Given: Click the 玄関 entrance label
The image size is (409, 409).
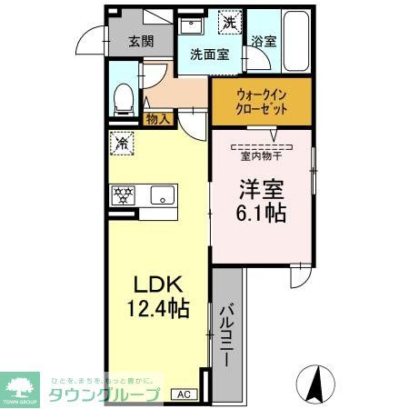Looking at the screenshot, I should point(140,41).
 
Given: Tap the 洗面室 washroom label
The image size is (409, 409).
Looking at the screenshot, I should point(209,55).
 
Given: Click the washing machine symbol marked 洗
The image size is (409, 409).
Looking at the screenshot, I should point(231,21).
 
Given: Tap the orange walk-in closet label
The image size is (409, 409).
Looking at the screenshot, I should point(262,100).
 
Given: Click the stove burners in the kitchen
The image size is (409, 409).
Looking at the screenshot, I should point(124,194).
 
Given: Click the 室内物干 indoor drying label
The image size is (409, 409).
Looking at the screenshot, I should point(262,155).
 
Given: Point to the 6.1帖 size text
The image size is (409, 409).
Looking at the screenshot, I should point(262,214).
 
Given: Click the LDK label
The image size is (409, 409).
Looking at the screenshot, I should point(156,284).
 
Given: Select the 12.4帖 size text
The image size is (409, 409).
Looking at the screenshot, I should point(156,310).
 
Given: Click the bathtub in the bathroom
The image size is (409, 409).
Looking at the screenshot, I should point(293,42).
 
